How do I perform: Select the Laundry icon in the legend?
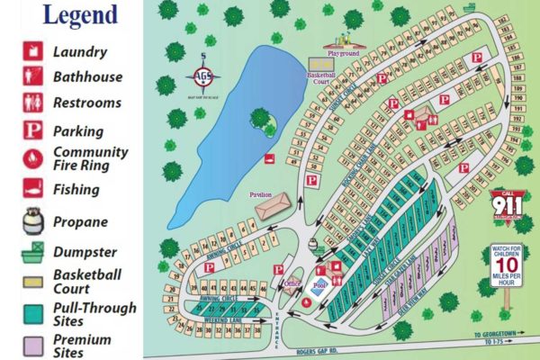(31, 51)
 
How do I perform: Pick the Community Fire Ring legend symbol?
(31, 158)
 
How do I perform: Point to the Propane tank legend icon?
(31, 220)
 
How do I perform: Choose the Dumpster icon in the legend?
(31, 251)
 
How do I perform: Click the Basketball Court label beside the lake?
(320, 78)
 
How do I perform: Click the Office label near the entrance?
(291, 284)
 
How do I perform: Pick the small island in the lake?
(262, 121)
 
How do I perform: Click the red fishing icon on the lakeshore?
(269, 158)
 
